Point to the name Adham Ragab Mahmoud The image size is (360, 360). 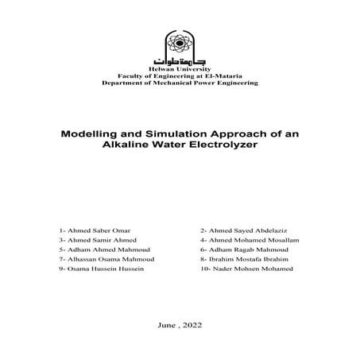point(244,250)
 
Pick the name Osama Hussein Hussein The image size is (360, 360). point(101,270)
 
